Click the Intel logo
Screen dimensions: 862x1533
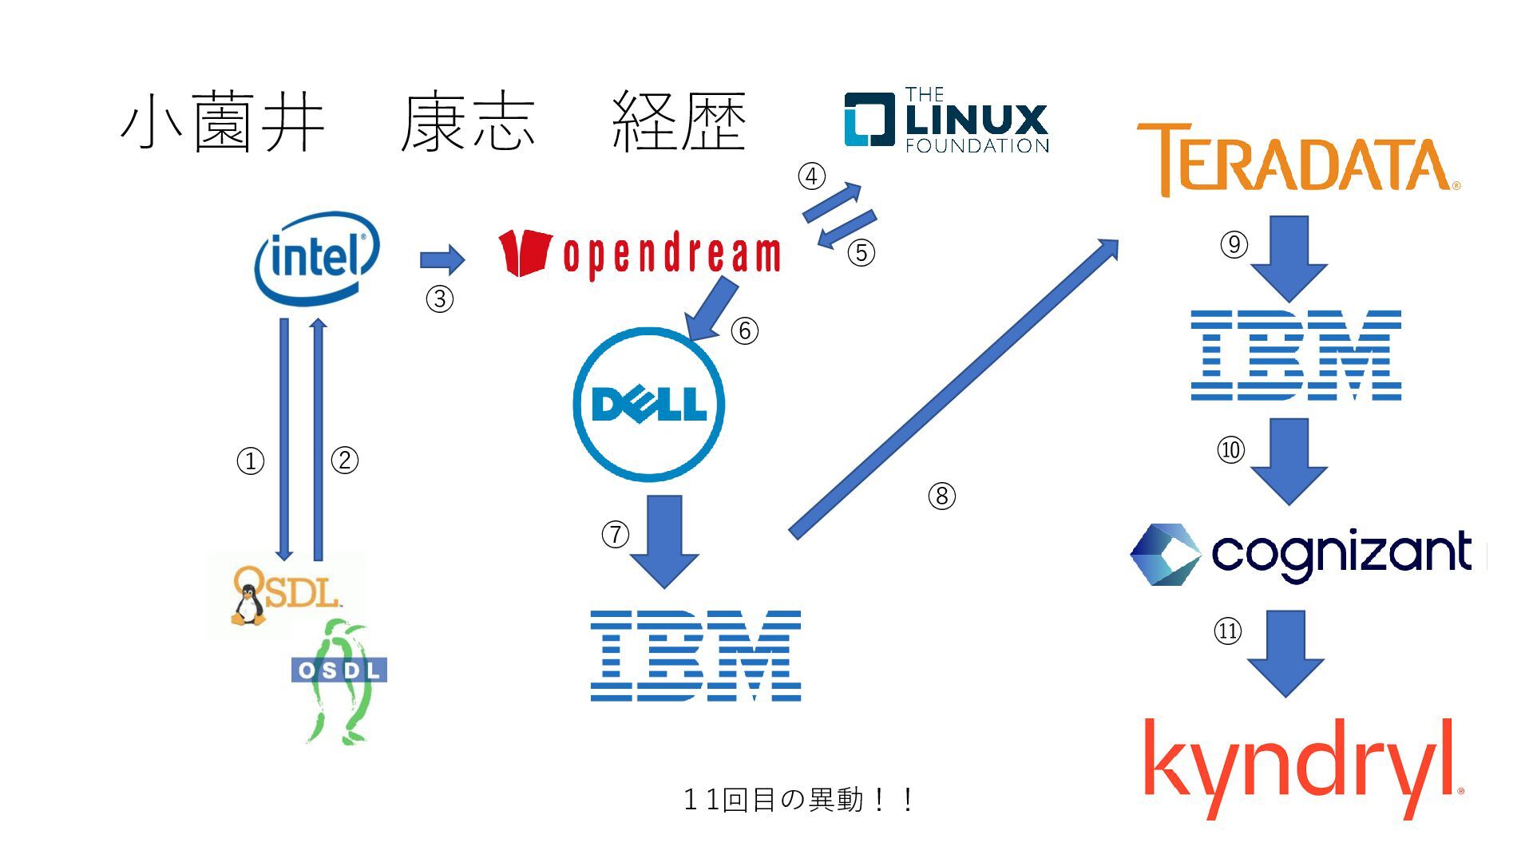pyautogui.click(x=317, y=257)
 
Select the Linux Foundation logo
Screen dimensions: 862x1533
pyautogui.click(x=946, y=121)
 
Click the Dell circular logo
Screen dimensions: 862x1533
pyautogui.click(x=648, y=405)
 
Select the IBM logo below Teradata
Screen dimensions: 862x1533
pyautogui.click(x=1295, y=355)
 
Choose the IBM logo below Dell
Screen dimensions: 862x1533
pyautogui.click(x=695, y=656)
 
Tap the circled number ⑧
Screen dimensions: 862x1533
pyautogui.click(x=941, y=496)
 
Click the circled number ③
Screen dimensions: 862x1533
pyautogui.click(x=439, y=299)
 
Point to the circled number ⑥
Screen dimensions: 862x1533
pyautogui.click(x=744, y=330)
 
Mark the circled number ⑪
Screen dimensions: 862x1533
pyautogui.click(x=1227, y=631)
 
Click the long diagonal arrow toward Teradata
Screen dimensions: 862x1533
pyautogui.click(x=954, y=389)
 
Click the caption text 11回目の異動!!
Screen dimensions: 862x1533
pyautogui.click(x=798, y=799)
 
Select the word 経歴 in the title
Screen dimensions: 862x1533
pyautogui.click(x=679, y=122)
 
